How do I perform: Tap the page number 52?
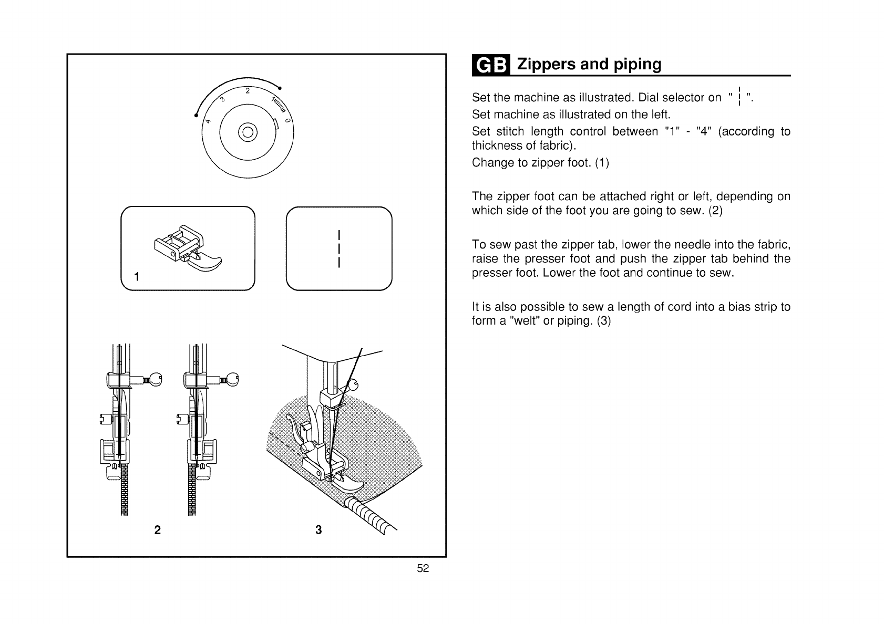[423, 568]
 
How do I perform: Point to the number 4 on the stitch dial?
[208, 121]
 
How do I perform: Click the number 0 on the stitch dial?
[287, 121]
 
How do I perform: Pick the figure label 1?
[137, 276]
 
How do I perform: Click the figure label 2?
[157, 529]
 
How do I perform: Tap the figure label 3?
[318, 529]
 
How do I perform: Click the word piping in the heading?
[637, 65]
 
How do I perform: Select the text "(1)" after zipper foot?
[602, 162]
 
